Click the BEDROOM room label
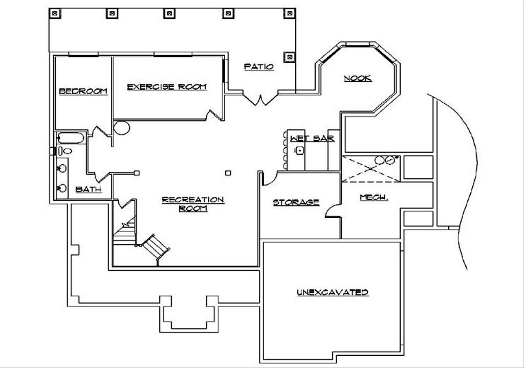coord(83,91)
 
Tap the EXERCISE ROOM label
coord(167,87)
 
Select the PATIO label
coord(258,66)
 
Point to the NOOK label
coord(357,78)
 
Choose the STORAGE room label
coord(296,202)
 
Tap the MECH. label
coord(374,197)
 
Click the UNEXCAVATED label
coord(333,292)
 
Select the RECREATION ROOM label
coord(192,203)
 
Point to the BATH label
coord(88,190)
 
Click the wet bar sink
coord(299,150)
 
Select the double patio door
coord(261,99)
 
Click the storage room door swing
coord(269,178)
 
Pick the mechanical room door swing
coord(332,211)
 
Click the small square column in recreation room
coord(229,173)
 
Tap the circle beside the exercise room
coord(122,127)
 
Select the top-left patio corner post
coord(54,13)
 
